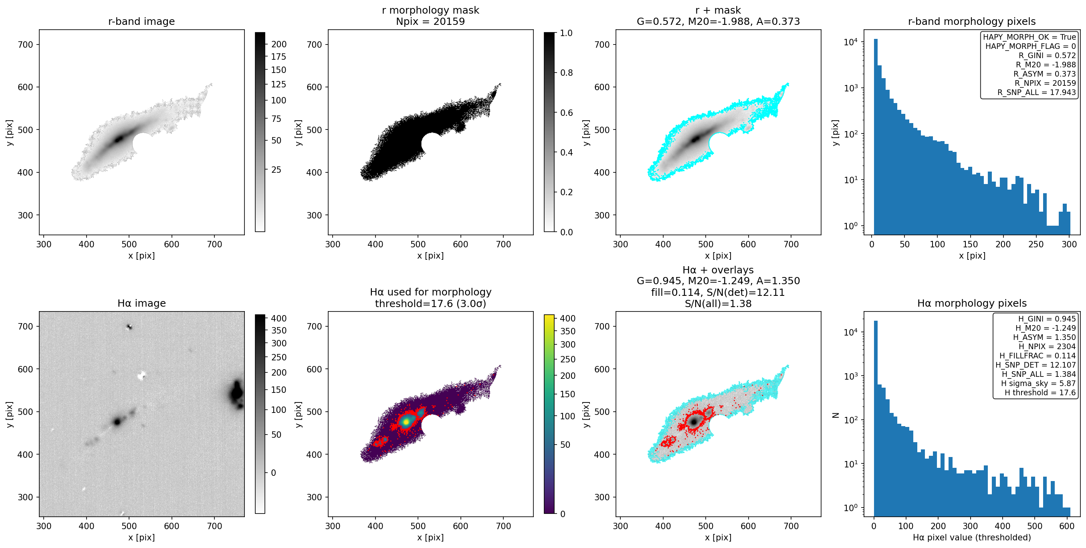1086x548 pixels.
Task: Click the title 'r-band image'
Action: pyautogui.click(x=141, y=22)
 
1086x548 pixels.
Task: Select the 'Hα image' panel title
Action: pyautogui.click(x=141, y=303)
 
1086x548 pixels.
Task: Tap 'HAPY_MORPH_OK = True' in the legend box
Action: pyautogui.click(x=1029, y=37)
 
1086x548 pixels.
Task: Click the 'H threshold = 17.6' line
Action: pyautogui.click(x=1040, y=393)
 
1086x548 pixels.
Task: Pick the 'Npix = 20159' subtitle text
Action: pyautogui.click(x=430, y=22)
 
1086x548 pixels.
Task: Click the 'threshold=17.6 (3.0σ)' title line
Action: pyautogui.click(x=430, y=304)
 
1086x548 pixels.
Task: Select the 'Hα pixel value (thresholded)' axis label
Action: pyautogui.click(x=972, y=538)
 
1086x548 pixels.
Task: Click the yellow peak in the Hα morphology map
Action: pyautogui.click(x=406, y=421)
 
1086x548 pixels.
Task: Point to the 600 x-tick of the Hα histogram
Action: pyautogui.click(x=1067, y=526)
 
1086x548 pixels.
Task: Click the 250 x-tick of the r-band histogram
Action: pyautogui.click(x=1036, y=244)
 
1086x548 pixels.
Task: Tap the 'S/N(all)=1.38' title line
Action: pyautogui.click(x=718, y=304)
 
